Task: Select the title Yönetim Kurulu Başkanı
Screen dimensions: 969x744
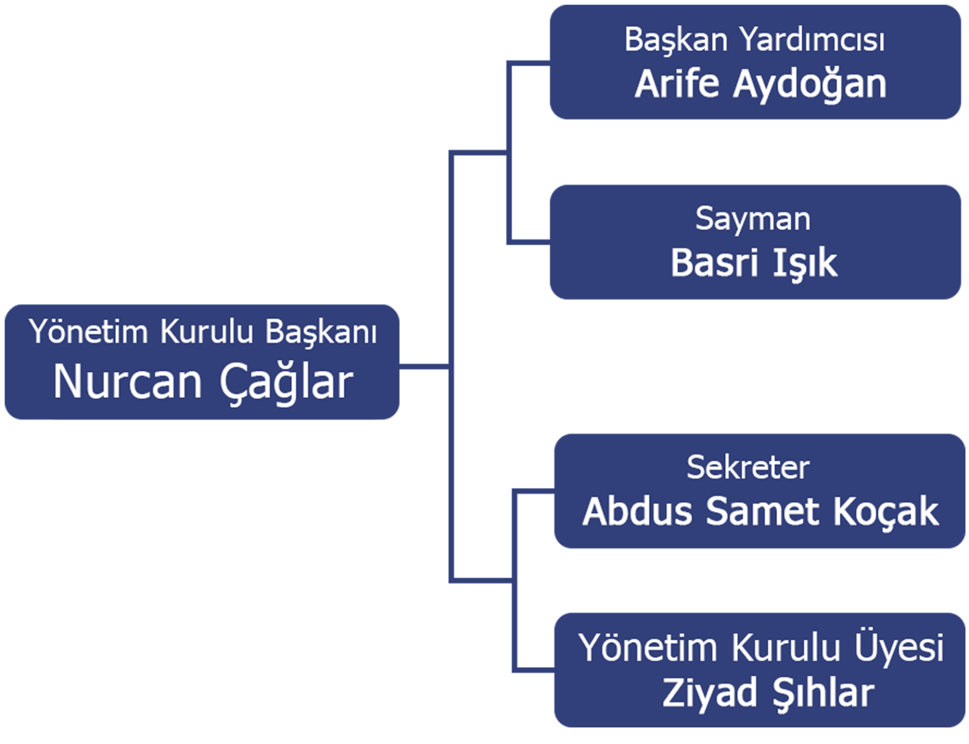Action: [x=203, y=332]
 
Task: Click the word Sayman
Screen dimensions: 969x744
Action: [x=753, y=219]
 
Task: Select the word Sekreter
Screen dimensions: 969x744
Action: [x=748, y=468]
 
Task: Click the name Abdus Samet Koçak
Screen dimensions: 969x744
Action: [x=760, y=511]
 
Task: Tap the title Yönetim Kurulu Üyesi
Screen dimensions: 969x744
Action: [x=761, y=647]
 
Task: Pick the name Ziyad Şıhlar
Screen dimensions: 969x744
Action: [x=768, y=693]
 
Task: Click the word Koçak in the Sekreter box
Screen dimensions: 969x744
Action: [x=885, y=511]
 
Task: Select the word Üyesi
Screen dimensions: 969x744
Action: [x=899, y=647]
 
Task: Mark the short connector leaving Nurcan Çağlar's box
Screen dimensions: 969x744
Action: [x=424, y=366]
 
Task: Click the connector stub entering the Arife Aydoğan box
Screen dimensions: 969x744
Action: [x=529, y=63]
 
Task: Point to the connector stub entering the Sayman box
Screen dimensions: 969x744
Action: [x=529, y=242]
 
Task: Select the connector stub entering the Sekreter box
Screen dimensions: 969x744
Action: [x=534, y=491]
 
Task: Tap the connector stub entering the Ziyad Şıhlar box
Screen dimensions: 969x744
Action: [x=534, y=670]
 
